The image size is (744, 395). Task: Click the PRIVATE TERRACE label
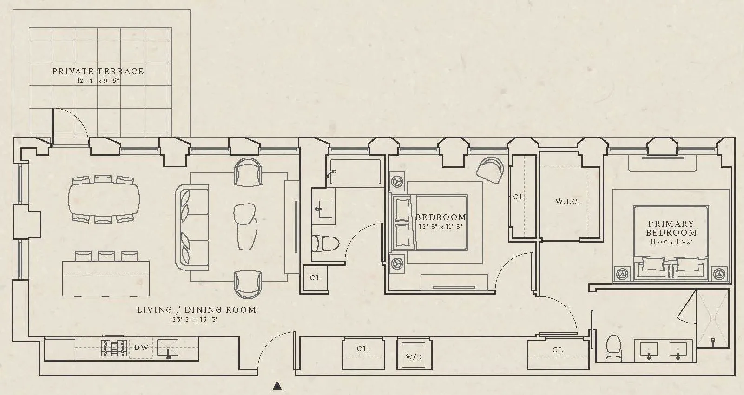coord(98,71)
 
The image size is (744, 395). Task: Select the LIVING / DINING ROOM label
coord(197,309)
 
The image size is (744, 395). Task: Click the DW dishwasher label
coord(141,348)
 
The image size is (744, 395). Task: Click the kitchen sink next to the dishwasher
coord(168,348)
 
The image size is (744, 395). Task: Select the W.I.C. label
coord(567,202)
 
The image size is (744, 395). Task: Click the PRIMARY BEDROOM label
coord(671,228)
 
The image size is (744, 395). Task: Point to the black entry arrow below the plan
coord(277,386)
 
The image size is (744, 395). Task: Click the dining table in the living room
coord(104,200)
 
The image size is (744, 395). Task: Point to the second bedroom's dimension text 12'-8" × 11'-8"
coord(441,227)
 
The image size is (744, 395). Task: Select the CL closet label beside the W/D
coord(362,349)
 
